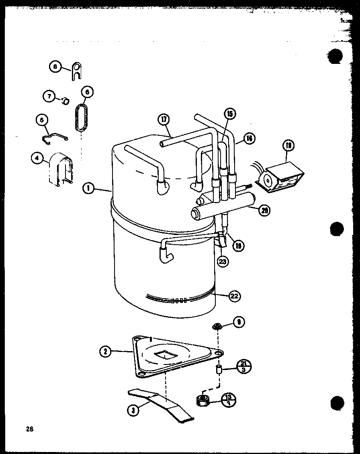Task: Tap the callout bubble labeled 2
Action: (105, 351)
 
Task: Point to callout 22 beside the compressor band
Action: (235, 296)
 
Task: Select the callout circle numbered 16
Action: (249, 138)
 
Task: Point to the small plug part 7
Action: (64, 100)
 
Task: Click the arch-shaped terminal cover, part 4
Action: (61, 169)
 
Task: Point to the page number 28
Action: (29, 429)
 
